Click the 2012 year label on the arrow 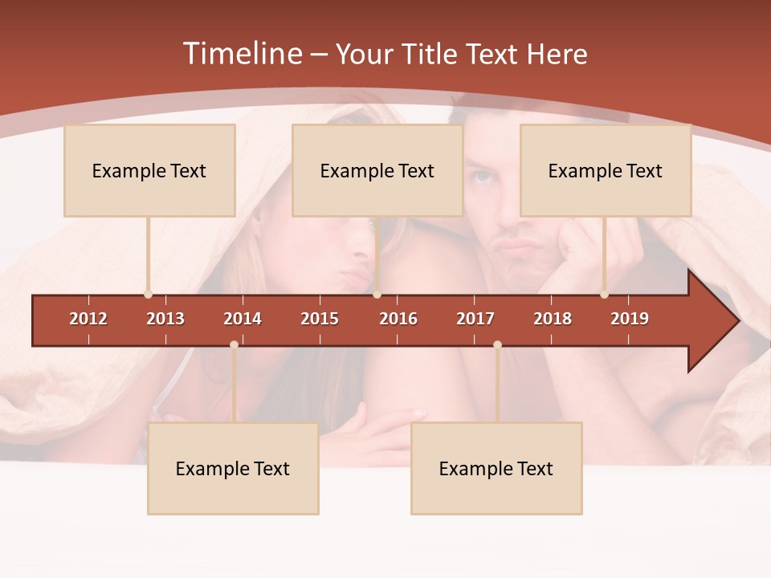[88, 319]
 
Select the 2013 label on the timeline [165, 319]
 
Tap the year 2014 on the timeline [243, 319]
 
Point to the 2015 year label [320, 319]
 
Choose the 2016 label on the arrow [398, 319]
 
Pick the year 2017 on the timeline [475, 319]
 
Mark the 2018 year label [553, 319]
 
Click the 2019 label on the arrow [630, 319]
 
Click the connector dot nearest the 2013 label [148, 295]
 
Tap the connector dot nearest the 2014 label [234, 345]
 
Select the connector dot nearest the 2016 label [377, 295]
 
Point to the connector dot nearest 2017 [497, 345]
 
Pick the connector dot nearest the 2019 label [604, 295]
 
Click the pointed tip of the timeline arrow [737, 321]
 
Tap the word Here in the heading [557, 54]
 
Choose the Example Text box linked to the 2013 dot [149, 170]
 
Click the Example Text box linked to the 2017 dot [496, 469]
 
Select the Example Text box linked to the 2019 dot [606, 170]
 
